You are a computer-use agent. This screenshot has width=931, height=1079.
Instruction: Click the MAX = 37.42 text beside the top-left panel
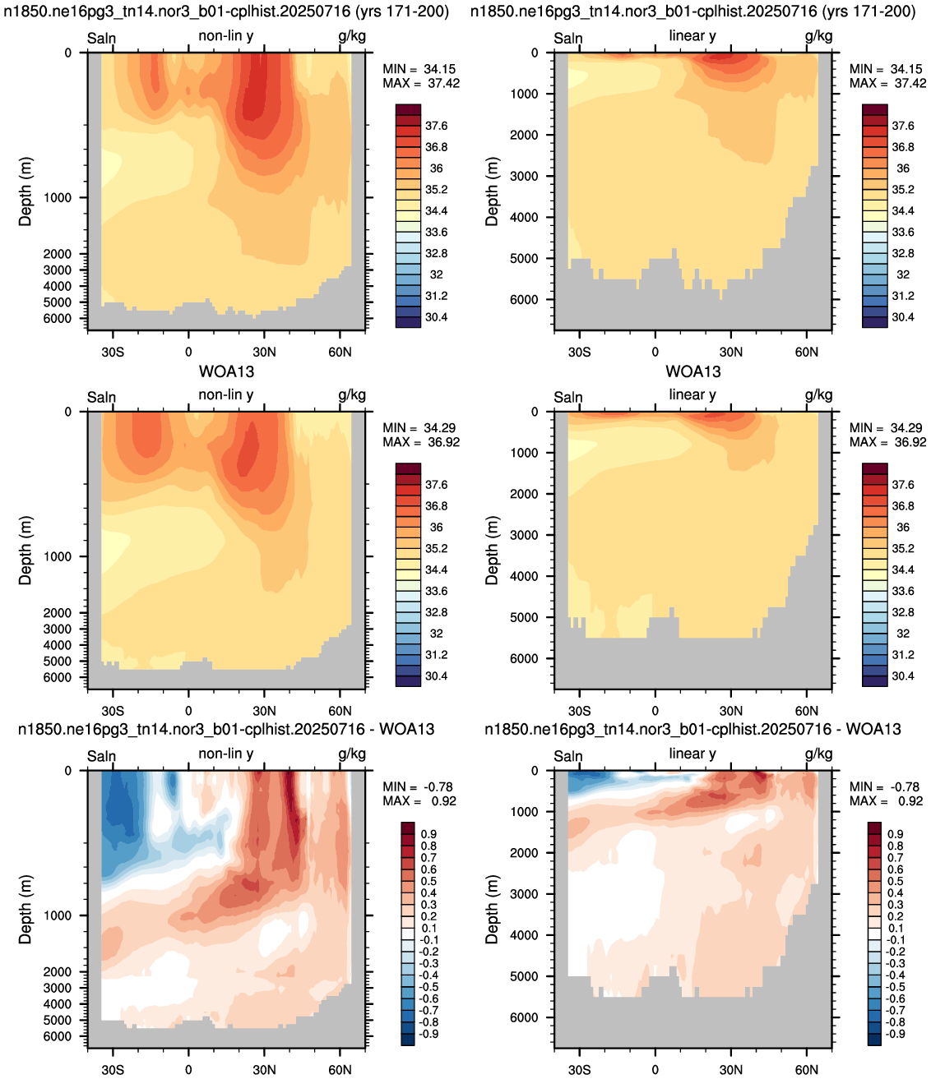coord(421,83)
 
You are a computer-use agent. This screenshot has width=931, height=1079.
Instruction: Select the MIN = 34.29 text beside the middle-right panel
coord(887,427)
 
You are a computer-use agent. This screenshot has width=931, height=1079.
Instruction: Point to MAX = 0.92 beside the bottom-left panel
coord(419,800)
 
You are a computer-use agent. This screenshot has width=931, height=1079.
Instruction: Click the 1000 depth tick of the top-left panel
coord(58,197)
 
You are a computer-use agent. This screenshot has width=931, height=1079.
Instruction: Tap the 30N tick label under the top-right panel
coord(730,352)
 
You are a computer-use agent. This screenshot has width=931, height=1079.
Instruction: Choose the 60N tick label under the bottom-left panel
coord(340,1070)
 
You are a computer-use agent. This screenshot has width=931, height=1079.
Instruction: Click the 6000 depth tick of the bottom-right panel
coord(524,1017)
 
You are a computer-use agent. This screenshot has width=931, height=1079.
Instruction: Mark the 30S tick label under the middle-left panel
coord(113,711)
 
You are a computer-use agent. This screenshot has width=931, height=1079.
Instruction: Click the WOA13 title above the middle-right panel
coord(692,371)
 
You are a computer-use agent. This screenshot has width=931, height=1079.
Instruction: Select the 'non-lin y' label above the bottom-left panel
coord(225,754)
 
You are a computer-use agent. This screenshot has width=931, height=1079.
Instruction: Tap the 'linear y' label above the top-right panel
coord(692,35)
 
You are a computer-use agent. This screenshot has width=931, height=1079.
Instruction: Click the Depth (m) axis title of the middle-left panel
coord(25,551)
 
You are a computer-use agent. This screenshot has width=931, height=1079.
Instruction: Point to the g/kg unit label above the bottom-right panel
coord(818,754)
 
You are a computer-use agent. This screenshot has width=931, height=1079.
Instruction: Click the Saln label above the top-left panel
coord(101,38)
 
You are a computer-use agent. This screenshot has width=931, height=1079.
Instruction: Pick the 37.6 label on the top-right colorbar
coord(903,125)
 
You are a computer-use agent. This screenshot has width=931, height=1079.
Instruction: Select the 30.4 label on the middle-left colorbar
coord(436,676)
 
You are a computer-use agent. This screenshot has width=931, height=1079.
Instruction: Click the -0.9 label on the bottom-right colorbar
coord(895,1034)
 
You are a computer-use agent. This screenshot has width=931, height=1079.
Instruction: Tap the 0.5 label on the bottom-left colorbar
coord(429,881)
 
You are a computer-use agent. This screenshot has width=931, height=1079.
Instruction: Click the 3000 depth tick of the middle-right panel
coord(524,534)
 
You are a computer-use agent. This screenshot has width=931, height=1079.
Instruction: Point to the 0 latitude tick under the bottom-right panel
coord(655,1070)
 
